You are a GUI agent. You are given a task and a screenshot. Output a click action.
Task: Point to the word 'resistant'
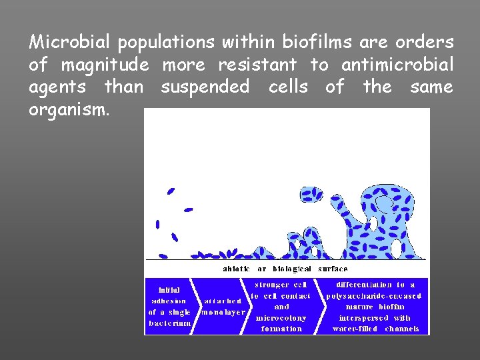tap(257, 65)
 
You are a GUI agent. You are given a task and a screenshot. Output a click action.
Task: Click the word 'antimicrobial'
tap(397, 65)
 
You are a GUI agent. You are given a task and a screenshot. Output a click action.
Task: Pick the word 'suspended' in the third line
tap(205, 87)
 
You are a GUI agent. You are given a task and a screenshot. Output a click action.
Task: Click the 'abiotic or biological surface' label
tap(285, 269)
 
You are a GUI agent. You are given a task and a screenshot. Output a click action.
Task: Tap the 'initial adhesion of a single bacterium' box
tap(169, 306)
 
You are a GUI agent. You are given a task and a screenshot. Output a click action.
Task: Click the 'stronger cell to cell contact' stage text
tap(281, 290)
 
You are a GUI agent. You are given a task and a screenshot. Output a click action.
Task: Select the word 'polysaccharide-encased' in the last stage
tap(373, 295)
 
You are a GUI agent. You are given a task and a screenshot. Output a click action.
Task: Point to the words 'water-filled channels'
tap(375, 329)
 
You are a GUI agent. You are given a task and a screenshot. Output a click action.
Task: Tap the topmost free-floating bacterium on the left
tap(171, 191)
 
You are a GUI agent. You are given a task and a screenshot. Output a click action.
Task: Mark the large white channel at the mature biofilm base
tap(396, 249)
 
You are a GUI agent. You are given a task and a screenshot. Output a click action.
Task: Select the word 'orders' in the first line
tap(424, 43)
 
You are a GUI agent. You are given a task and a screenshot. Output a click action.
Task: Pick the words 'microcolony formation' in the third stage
tap(281, 323)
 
